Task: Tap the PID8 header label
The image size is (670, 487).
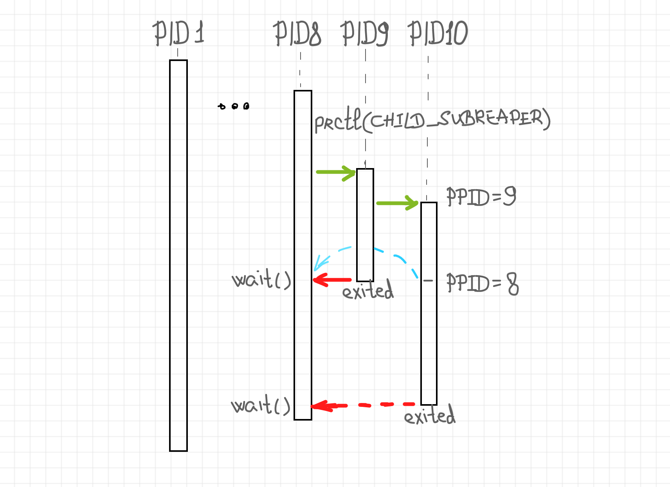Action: pyautogui.click(x=297, y=34)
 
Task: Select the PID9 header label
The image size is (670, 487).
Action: pyautogui.click(x=365, y=34)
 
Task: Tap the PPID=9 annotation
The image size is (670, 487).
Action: pyautogui.click(x=481, y=196)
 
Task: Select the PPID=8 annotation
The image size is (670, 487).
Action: pyautogui.click(x=483, y=283)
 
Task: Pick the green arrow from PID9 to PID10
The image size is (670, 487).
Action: pyautogui.click(x=397, y=203)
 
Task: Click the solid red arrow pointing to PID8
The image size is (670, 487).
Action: pyautogui.click(x=332, y=280)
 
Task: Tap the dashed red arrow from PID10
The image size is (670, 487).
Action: pyautogui.click(x=363, y=405)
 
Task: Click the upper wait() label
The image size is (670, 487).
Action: pyautogui.click(x=261, y=278)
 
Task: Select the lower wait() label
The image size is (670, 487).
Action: pyautogui.click(x=261, y=405)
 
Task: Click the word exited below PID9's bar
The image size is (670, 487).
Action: pyautogui.click(x=368, y=289)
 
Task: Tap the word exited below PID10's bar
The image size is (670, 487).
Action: pyautogui.click(x=430, y=414)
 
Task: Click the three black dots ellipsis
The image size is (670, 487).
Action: pyautogui.click(x=234, y=106)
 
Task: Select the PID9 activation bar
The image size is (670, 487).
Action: pyautogui.click(x=365, y=225)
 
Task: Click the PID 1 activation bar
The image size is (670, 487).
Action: pyautogui.click(x=178, y=256)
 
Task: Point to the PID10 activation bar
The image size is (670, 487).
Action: pyautogui.click(x=429, y=304)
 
